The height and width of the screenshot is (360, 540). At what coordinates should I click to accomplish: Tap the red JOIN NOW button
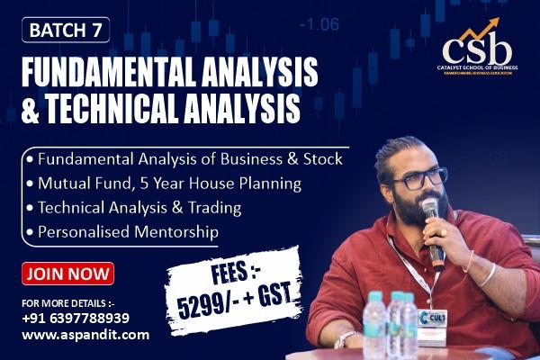click(69, 273)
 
